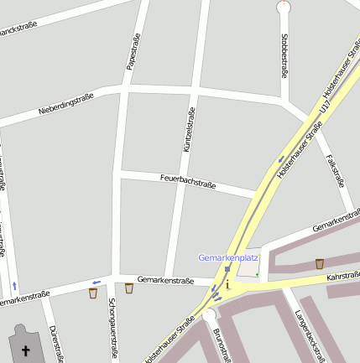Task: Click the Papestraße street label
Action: tap(133, 52)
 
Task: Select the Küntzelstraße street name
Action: tap(189, 130)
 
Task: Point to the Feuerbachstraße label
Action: tap(189, 181)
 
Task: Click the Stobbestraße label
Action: tap(285, 55)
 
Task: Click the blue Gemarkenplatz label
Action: tap(228, 257)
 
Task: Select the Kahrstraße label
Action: tap(342, 276)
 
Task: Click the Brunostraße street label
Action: tap(221, 345)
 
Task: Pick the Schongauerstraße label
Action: tap(112, 329)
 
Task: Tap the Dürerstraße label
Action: tap(56, 344)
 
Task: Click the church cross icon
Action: tap(25, 351)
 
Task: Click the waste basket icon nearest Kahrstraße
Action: tap(320, 264)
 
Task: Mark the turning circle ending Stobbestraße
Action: tap(284, 7)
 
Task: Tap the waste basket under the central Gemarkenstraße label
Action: tap(128, 289)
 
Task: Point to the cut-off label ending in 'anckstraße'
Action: tap(20, 31)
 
